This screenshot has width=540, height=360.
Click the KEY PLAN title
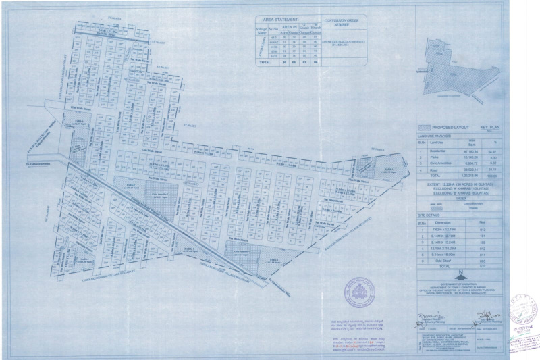(x=487, y=127)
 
